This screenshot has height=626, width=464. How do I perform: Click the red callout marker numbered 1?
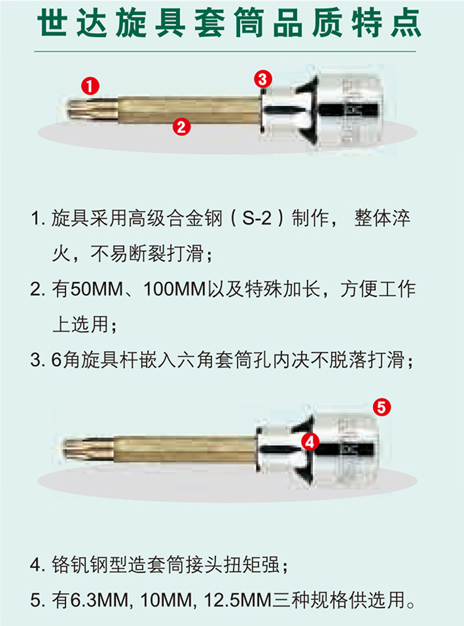click(90, 86)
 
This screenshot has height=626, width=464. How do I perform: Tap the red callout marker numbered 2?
click(182, 127)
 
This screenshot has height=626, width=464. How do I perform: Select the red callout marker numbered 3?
click(263, 79)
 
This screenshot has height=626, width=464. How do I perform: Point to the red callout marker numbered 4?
click(310, 442)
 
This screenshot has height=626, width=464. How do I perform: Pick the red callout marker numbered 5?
click(382, 407)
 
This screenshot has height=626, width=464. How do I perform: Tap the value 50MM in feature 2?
click(97, 289)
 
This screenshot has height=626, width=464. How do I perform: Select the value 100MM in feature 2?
click(174, 289)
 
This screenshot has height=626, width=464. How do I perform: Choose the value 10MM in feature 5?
click(167, 600)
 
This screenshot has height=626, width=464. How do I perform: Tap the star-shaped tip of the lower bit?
click(87, 448)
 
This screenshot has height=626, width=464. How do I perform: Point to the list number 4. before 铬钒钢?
click(38, 565)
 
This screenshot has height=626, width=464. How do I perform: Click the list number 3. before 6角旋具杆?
click(38, 360)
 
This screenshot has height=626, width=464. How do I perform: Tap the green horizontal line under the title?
click(225, 51)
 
